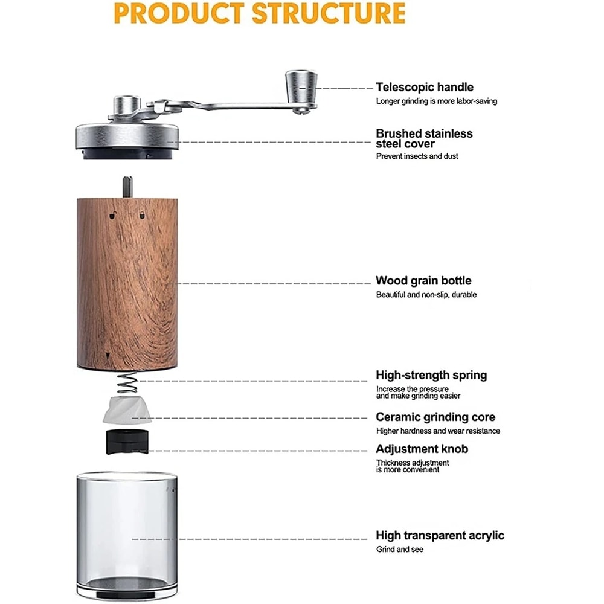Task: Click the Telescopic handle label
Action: [425, 87]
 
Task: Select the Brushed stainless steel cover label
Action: [424, 138]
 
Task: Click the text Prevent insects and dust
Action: [417, 156]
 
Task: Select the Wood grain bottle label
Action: [423, 281]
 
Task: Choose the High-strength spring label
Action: [431, 375]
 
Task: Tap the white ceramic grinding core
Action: [127, 411]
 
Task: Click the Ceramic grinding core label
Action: [435, 417]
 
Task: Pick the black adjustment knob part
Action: [126, 442]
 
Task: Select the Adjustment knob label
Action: [422, 449]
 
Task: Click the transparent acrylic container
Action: [127, 532]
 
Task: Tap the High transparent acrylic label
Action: [440, 535]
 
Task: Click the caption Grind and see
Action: [400, 550]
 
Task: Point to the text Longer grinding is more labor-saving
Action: [437, 101]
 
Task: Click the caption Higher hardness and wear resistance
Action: [438, 431]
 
